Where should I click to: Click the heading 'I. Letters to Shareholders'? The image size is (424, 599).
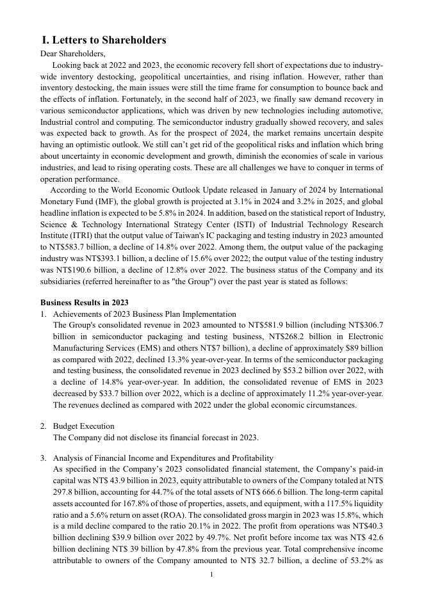click(104, 40)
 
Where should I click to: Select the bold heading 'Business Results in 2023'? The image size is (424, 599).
click(85, 303)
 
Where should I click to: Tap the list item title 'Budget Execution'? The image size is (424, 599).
click(84, 426)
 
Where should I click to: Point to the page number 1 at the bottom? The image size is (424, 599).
click(212, 575)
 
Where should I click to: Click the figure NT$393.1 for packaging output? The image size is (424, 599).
click(95, 259)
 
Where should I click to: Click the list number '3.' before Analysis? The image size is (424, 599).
click(44, 458)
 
